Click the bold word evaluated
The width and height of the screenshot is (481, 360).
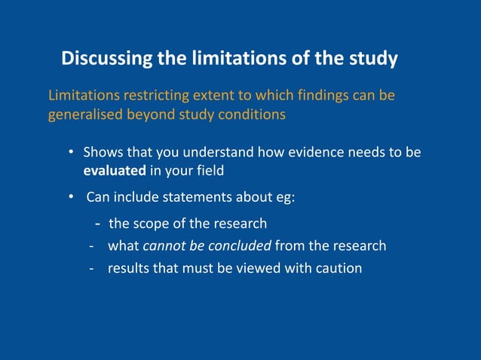[x=115, y=171]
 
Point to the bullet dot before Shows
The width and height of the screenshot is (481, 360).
[x=71, y=152]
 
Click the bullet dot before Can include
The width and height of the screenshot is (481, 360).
[x=71, y=198]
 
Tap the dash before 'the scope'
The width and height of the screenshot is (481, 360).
[x=98, y=224]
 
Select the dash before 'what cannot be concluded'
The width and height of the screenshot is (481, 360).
[x=91, y=246]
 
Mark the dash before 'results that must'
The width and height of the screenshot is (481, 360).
[x=91, y=267]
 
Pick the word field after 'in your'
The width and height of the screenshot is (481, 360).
[x=208, y=171]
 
